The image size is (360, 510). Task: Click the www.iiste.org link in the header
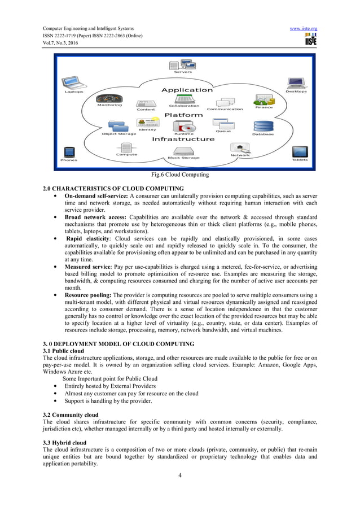pos(303,28)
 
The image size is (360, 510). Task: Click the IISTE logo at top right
pos(310,40)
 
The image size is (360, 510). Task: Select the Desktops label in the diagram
pos(296,91)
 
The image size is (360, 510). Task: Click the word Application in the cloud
pos(187,90)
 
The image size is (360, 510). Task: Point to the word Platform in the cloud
pos(183,115)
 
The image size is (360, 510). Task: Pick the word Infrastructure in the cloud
pos(183,139)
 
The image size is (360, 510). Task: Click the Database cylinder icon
pos(263,127)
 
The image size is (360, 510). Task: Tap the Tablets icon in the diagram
pos(300,152)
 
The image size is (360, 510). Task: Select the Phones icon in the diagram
pos(69,152)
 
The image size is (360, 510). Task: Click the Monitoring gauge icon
pos(109,98)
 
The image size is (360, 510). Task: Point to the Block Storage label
pos(183,158)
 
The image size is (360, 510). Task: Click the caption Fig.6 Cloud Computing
pos(180,175)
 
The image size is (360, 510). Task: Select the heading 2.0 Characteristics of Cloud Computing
pos(113,188)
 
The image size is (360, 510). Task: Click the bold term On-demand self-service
pos(96,195)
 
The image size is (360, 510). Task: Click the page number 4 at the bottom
pos(180,475)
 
